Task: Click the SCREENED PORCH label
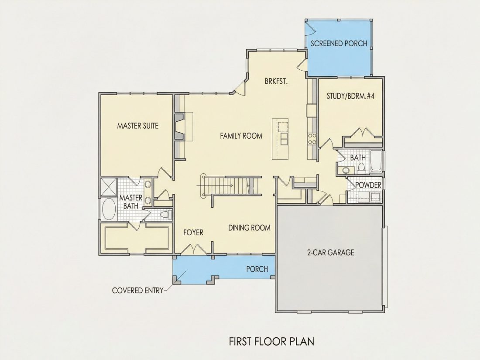click(x=339, y=44)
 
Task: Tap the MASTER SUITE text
click(x=138, y=126)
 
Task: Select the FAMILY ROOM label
click(x=241, y=136)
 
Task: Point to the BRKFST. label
click(x=276, y=82)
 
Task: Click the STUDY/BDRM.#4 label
click(x=350, y=96)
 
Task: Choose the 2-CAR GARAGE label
click(x=331, y=253)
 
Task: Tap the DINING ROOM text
click(x=250, y=228)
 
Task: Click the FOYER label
click(x=193, y=233)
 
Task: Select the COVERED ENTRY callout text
click(x=138, y=290)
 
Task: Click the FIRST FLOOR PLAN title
click(x=271, y=341)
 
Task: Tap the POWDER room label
click(x=368, y=185)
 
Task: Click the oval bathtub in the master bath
click(x=109, y=209)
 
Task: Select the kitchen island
click(x=280, y=139)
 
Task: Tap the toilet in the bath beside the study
click(x=362, y=168)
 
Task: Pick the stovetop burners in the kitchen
click(x=312, y=138)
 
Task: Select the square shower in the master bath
click(x=109, y=187)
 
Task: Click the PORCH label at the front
click(x=257, y=269)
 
